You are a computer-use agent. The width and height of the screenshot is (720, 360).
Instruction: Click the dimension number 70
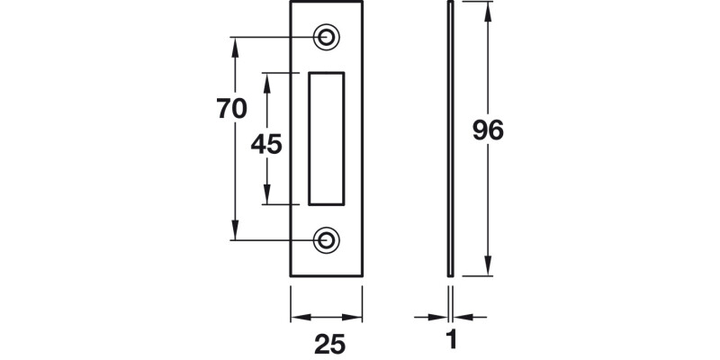pyautogui.click(x=232, y=109)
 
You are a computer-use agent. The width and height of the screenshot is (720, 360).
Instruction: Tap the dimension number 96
pyautogui.click(x=488, y=130)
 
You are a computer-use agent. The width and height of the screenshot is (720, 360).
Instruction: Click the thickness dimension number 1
pyautogui.click(x=452, y=342)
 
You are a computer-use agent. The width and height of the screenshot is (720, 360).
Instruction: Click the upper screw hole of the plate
pyautogui.click(x=327, y=37)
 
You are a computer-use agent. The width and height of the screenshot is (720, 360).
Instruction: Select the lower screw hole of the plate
pyautogui.click(x=327, y=239)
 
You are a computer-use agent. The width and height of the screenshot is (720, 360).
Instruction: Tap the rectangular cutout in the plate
pyautogui.click(x=326, y=138)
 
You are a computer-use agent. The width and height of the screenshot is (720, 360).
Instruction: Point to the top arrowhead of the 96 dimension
pyautogui.click(x=488, y=11)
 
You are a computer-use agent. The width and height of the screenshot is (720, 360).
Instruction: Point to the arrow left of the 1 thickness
pyautogui.click(x=440, y=317)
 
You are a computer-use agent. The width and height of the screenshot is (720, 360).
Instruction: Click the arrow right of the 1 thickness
pyautogui.click(x=463, y=317)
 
